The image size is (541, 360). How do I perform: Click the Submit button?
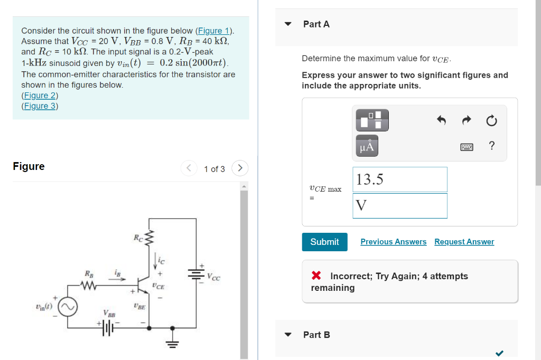click(324, 242)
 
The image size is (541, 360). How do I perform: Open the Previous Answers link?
click(393, 242)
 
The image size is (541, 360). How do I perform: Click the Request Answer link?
click(464, 242)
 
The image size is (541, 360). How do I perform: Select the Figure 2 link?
click(40, 96)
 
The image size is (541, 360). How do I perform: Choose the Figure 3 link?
click(40, 106)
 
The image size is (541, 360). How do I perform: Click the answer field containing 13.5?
click(399, 179)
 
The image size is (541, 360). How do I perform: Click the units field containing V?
click(399, 205)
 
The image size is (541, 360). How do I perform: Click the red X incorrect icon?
click(316, 276)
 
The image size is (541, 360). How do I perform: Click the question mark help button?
click(492, 146)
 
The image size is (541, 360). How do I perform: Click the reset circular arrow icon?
click(491, 121)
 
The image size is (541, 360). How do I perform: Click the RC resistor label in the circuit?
click(139, 238)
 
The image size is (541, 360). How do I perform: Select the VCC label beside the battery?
click(214, 278)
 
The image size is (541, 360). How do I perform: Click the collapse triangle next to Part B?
click(288, 335)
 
